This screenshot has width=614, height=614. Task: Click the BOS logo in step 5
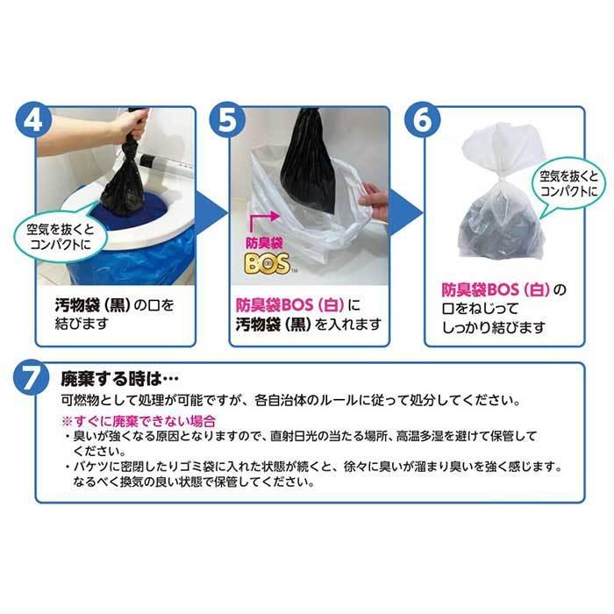point(268,265)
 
